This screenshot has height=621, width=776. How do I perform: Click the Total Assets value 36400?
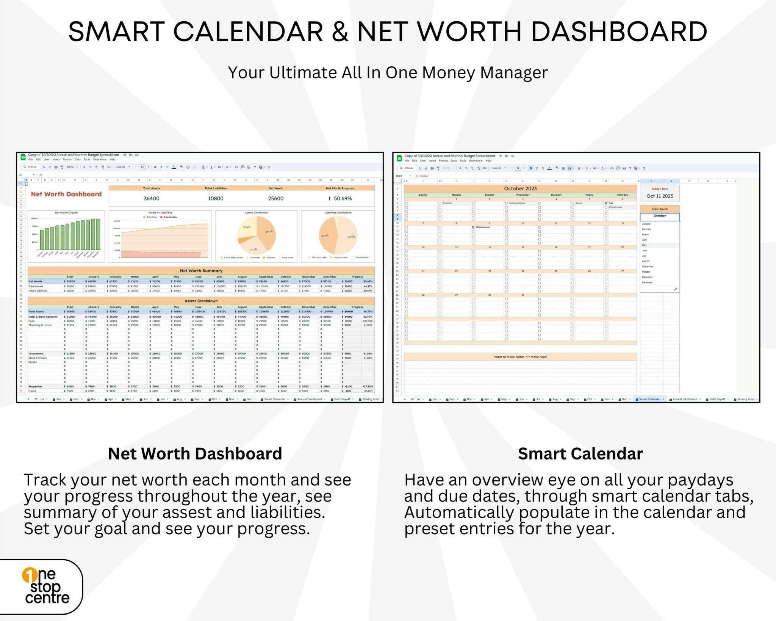tap(151, 198)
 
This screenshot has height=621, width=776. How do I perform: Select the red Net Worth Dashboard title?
tap(66, 194)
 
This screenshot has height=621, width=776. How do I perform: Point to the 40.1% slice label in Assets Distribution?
tap(269, 231)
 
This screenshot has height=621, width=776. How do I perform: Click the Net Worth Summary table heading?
tap(201, 271)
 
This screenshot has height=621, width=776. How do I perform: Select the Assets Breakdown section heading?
tap(201, 301)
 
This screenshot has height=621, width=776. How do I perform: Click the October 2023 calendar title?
tap(520, 188)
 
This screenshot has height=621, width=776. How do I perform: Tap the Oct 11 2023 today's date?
tap(660, 196)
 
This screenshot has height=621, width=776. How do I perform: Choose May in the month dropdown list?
tap(645, 245)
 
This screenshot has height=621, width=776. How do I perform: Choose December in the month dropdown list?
tap(647, 282)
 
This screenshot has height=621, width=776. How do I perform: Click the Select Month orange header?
tap(660, 209)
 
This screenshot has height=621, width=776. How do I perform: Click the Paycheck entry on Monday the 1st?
tap(447, 203)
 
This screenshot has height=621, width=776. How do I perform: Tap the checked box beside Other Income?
tap(473, 227)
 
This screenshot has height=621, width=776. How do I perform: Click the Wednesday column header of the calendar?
tap(523, 195)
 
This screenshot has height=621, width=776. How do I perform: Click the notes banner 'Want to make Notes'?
tap(520, 357)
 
